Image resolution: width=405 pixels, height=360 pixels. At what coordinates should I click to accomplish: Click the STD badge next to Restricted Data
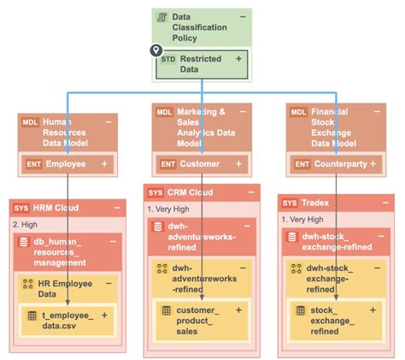167,58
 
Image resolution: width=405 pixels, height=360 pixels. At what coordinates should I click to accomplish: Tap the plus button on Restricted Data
238,58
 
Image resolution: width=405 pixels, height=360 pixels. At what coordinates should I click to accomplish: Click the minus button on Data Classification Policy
244,16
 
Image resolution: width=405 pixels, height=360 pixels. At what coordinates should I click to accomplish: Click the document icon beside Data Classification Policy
161,17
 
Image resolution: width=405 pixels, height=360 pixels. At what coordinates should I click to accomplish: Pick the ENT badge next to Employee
32,162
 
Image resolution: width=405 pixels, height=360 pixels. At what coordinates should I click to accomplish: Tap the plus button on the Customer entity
240,162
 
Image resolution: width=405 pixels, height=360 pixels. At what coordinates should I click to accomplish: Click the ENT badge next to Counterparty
302,162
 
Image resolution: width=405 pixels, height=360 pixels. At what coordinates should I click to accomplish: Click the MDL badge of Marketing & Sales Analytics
165,111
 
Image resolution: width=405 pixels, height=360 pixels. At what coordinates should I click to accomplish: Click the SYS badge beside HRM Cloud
21,208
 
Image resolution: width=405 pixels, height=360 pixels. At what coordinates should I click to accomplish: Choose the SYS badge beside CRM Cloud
155,192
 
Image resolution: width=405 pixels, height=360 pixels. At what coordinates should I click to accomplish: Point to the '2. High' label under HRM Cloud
26,223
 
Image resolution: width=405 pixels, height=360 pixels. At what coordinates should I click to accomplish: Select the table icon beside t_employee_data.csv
32,316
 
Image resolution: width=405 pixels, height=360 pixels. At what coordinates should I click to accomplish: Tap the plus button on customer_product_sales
238,310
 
